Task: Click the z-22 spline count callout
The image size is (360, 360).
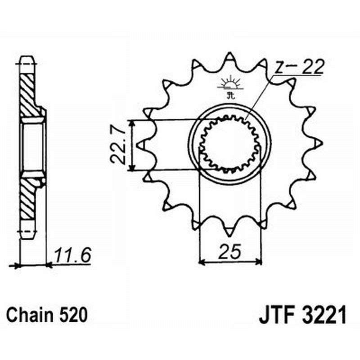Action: point(299,67)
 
